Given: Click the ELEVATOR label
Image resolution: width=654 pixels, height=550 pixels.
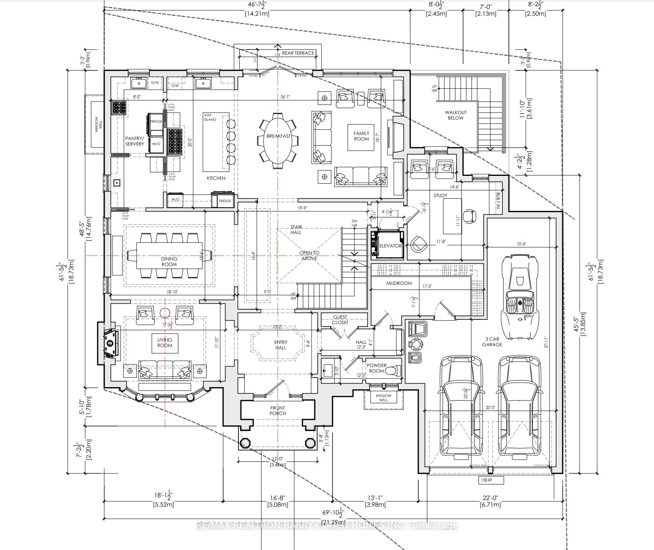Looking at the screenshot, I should point(390,246).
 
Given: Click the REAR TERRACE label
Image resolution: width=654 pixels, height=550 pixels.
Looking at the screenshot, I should point(298,53).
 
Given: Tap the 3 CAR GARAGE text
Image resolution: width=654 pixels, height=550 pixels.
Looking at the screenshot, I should point(492,341).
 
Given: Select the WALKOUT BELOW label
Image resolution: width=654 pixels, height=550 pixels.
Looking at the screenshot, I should point(455,115).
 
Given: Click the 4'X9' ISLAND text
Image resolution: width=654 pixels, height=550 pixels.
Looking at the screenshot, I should point(210,117).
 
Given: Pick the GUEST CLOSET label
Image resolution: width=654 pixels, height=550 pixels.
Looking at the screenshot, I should point(340,319).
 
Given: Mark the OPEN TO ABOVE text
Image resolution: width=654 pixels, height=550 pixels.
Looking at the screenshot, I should point(309,255).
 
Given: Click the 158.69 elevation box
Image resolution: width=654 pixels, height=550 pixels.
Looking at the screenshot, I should point(485,480).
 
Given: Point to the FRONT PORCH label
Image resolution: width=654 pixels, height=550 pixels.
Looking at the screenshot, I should point(277,410).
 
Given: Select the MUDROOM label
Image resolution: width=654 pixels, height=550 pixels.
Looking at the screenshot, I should point(399,283).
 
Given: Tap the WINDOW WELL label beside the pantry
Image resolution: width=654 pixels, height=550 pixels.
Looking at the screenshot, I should point(95,124).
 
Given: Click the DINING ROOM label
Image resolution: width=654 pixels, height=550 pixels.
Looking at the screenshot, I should point(169,261).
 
